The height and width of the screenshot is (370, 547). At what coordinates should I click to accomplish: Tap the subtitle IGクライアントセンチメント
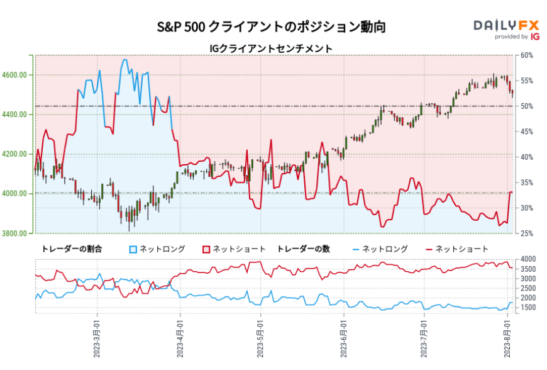point(271,48)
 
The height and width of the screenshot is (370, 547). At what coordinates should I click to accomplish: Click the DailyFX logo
point(506,28)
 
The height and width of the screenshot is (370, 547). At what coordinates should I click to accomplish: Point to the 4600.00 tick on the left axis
point(18,75)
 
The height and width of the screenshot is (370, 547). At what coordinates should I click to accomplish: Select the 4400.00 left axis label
point(18,115)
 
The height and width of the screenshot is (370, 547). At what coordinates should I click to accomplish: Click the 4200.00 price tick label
point(18,154)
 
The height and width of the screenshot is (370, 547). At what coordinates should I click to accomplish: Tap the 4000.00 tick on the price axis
point(18,194)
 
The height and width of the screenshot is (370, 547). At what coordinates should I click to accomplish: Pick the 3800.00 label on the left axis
point(18,233)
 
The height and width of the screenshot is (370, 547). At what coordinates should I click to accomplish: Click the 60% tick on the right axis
point(527,55)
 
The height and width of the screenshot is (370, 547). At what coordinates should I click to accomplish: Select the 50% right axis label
point(527,106)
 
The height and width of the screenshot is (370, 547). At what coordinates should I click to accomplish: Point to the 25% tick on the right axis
point(527,233)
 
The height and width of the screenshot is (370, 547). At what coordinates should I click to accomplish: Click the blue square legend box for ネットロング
point(133,249)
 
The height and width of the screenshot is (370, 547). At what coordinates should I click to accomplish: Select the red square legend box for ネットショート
point(206,249)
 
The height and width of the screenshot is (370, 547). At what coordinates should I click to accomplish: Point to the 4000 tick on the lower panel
point(528,259)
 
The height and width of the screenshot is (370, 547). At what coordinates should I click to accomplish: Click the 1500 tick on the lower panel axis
point(528,308)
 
